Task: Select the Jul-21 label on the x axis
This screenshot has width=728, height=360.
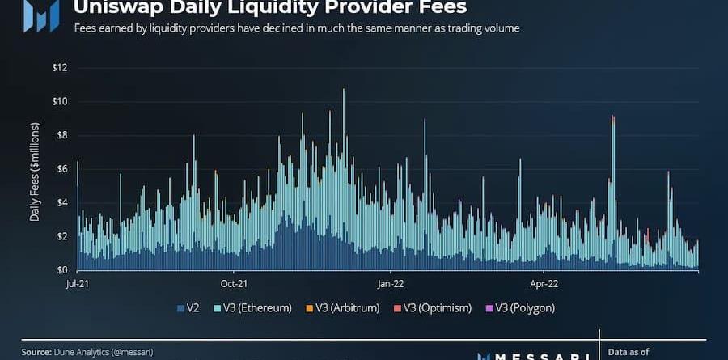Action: pyautogui.click(x=78, y=284)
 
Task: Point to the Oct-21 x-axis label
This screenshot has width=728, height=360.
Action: pyautogui.click(x=233, y=284)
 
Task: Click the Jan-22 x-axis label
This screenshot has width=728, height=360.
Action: pyautogui.click(x=390, y=284)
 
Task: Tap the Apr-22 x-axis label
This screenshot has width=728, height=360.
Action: pyautogui.click(x=544, y=284)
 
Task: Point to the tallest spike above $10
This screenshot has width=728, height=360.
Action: pyautogui.click(x=344, y=91)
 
